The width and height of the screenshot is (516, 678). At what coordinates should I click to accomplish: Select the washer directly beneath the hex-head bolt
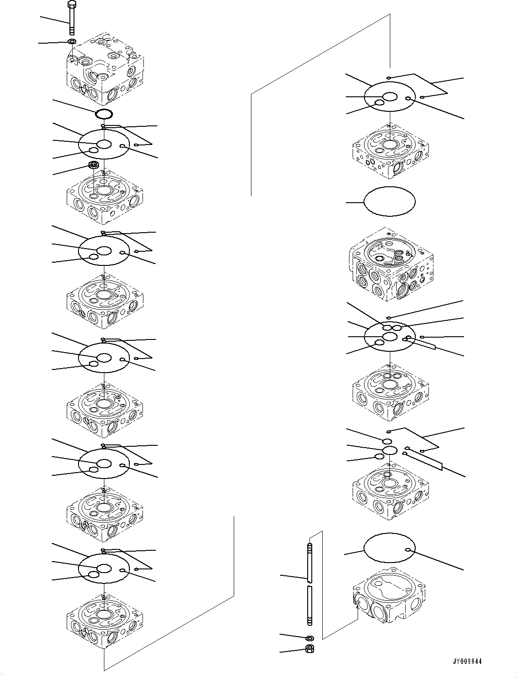(x=72, y=42)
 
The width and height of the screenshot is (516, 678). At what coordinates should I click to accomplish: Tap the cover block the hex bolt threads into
(x=105, y=69)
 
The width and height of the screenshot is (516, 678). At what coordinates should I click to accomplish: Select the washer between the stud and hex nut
(x=310, y=638)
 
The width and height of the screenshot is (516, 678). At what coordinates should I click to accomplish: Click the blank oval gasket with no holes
(x=390, y=201)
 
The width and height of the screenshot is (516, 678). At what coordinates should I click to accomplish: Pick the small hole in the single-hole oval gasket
(x=408, y=550)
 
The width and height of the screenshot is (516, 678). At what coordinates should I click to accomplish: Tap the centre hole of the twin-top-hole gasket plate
(x=390, y=336)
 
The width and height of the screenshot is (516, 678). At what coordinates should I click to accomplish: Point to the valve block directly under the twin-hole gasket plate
(x=390, y=388)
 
